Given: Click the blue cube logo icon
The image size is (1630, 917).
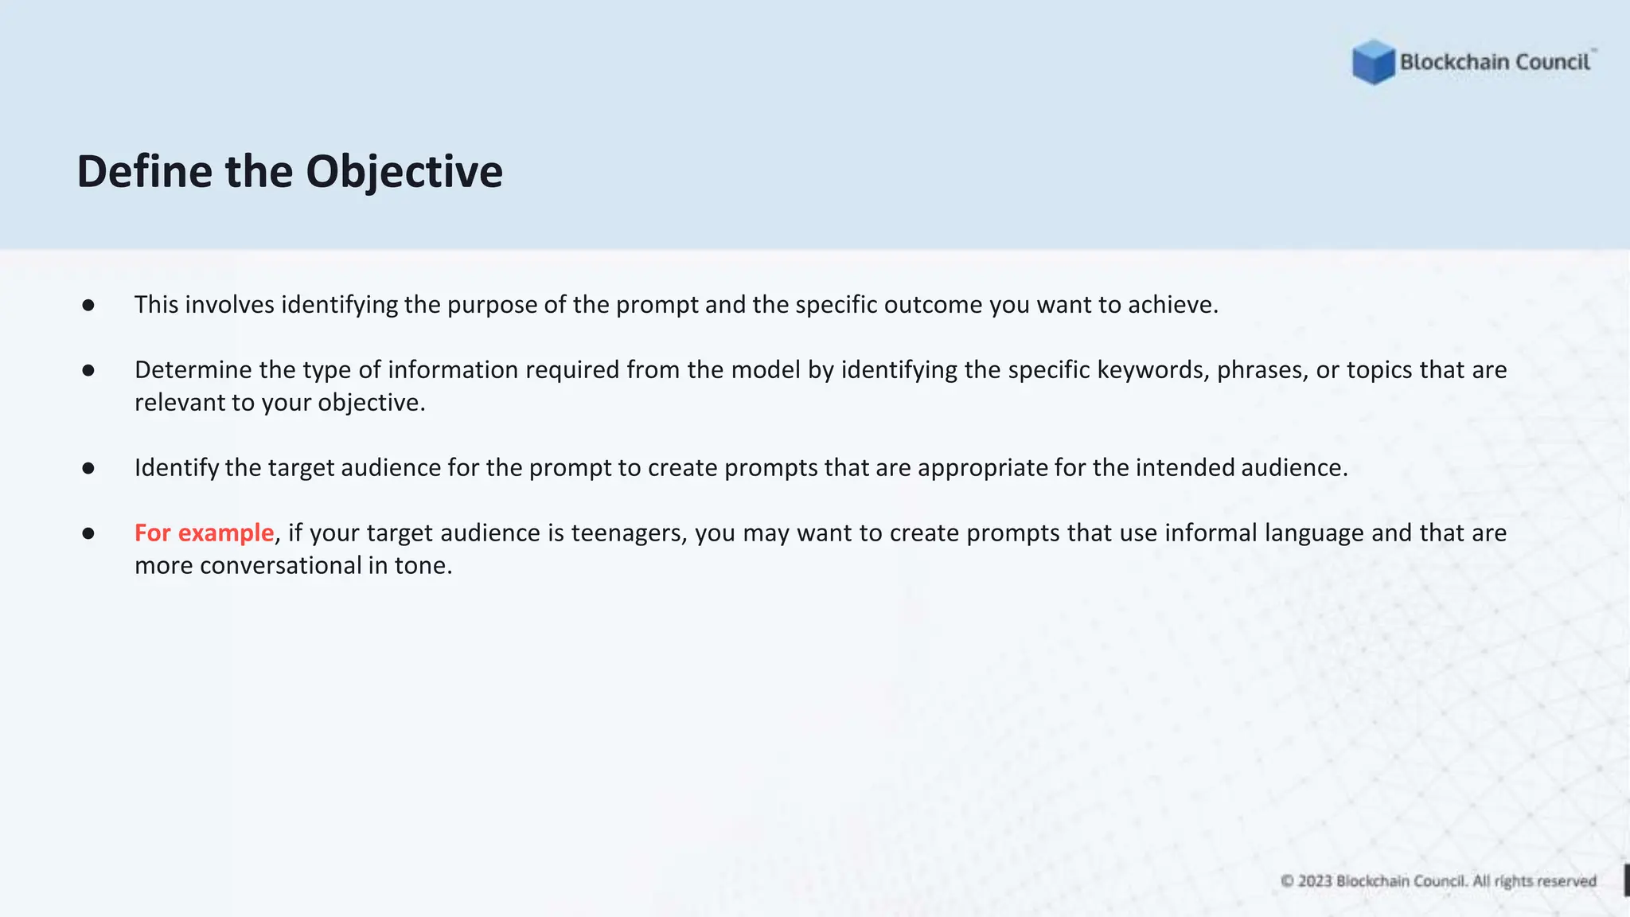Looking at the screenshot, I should pyautogui.click(x=1373, y=62).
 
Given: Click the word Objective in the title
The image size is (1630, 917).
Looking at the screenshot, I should pyautogui.click(x=404, y=172).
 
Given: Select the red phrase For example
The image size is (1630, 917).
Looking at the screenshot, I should pyautogui.click(x=204, y=533).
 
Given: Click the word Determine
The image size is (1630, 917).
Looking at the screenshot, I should pyautogui.click(x=193, y=370).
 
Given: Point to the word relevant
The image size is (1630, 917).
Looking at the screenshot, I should pyautogui.click(x=179, y=403).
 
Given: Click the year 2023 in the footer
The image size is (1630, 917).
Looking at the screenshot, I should pyautogui.click(x=1315, y=881).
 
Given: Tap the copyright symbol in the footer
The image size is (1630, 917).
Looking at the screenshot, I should pyautogui.click(x=1287, y=881).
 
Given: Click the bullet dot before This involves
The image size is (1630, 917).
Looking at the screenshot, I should pyautogui.click(x=88, y=305).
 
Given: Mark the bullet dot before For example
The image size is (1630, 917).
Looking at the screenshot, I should pyautogui.click(x=88, y=533).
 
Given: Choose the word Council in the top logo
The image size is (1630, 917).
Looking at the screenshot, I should pyautogui.click(x=1552, y=62).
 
